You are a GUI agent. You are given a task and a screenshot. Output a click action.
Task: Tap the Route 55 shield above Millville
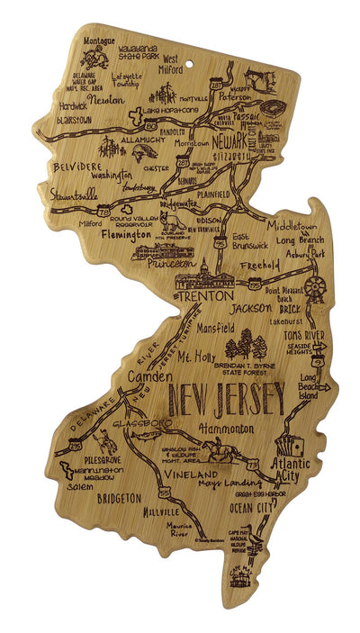(165, 493)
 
